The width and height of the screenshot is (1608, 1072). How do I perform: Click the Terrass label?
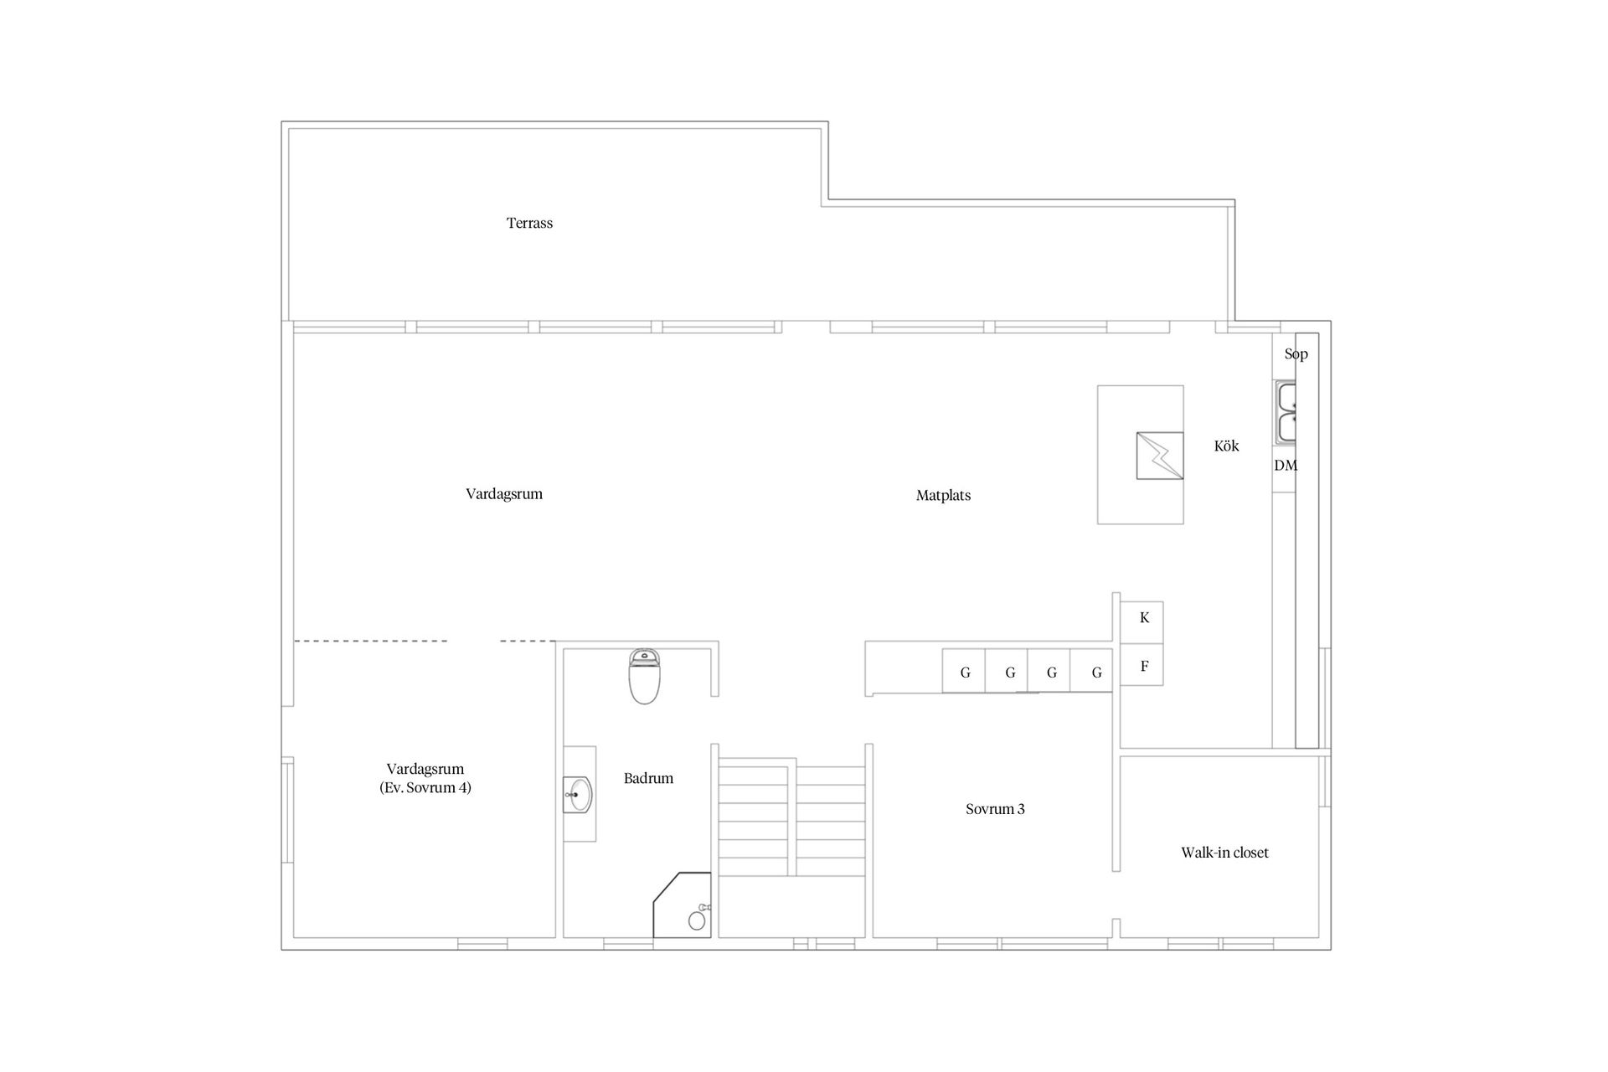click(529, 223)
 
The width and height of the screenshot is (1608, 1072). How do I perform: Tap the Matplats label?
click(943, 495)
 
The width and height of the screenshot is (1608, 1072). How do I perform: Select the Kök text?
click(1226, 446)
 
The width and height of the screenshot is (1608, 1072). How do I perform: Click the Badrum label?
click(648, 778)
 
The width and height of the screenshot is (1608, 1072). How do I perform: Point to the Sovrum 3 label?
click(995, 809)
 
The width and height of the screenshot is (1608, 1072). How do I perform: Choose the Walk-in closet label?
click(1224, 853)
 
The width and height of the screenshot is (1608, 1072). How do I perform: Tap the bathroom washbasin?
click(579, 794)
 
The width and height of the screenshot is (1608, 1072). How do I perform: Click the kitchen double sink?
click(1286, 413)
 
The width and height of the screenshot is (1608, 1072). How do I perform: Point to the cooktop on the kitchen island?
click(1160, 456)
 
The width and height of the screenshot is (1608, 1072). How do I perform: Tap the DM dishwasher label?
click(1286, 466)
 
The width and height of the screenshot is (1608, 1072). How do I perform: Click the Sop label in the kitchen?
click(1296, 353)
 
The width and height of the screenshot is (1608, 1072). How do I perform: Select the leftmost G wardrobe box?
click(964, 672)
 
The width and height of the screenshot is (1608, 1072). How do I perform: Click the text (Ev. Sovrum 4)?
click(425, 787)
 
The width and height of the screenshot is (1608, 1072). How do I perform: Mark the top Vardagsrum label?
click(504, 493)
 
